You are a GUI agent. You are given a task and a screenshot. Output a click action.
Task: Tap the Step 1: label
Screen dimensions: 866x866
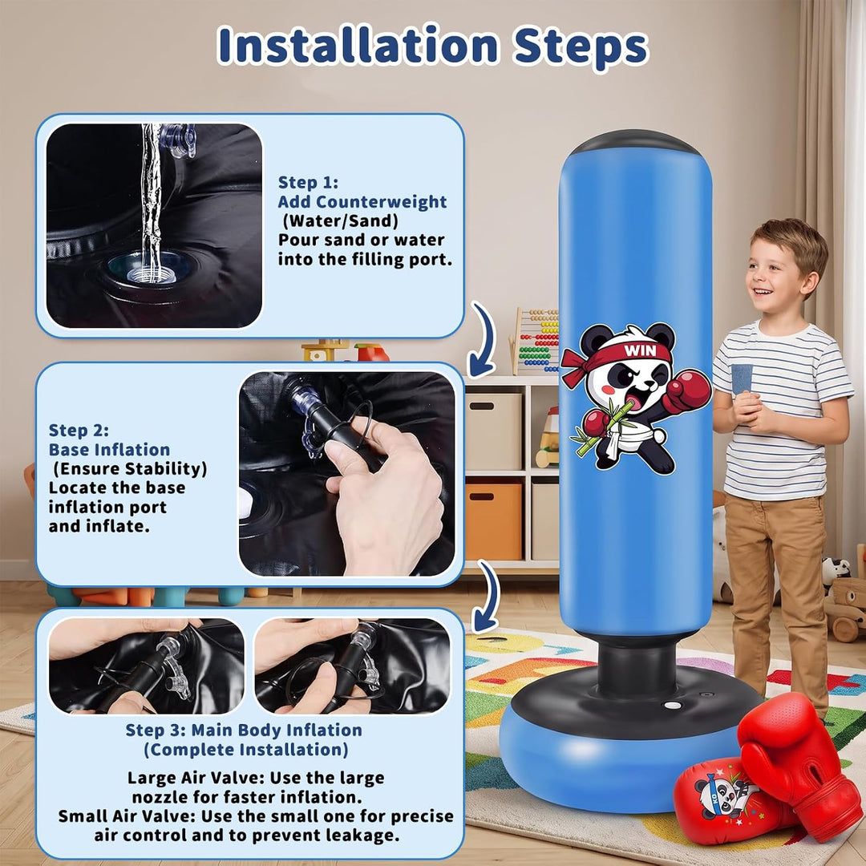click(308, 182)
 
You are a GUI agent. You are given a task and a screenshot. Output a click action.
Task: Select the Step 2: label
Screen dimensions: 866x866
click(79, 431)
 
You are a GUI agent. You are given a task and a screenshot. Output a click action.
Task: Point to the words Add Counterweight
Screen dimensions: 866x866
click(362, 201)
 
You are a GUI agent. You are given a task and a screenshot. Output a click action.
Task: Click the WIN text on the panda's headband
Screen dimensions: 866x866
click(640, 350)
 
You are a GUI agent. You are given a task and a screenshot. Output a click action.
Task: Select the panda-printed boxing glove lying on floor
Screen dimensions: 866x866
click(729, 801)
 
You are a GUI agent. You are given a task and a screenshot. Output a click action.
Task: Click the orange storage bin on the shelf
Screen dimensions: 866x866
click(493, 521)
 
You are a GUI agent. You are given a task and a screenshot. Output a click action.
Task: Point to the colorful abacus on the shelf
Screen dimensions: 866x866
click(535, 340)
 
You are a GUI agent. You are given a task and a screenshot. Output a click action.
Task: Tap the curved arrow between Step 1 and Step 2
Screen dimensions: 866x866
click(482, 340)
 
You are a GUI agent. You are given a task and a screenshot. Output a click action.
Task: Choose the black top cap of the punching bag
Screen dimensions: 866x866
click(634, 142)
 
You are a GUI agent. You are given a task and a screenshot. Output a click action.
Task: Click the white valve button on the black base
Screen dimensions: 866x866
click(672, 706)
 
